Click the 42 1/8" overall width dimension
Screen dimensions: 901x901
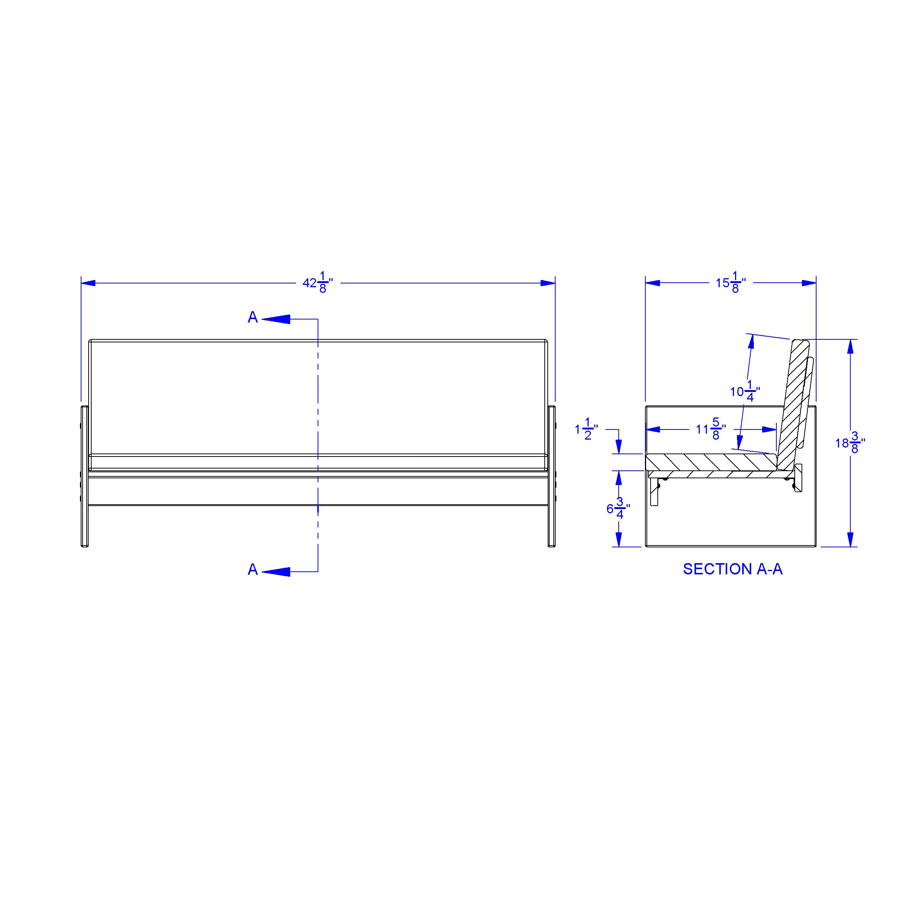coord(318,283)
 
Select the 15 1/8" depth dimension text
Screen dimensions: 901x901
coord(731,283)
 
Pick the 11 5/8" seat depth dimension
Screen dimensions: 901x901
coord(711,429)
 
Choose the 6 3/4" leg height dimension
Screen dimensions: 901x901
coord(618,508)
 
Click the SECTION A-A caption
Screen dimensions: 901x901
coord(733,569)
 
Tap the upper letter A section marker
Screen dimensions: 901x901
coord(253,317)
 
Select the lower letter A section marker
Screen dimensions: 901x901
coord(253,570)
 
